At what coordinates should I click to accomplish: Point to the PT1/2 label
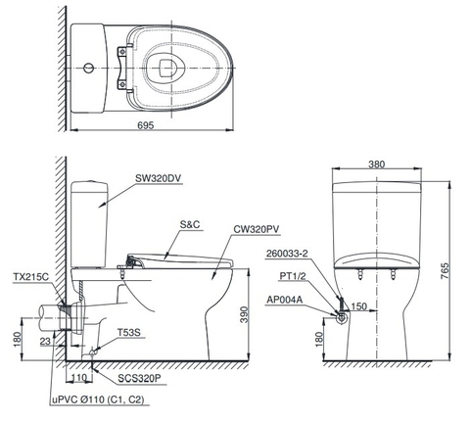coord(293,277)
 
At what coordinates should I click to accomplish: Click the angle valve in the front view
coord(340,316)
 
